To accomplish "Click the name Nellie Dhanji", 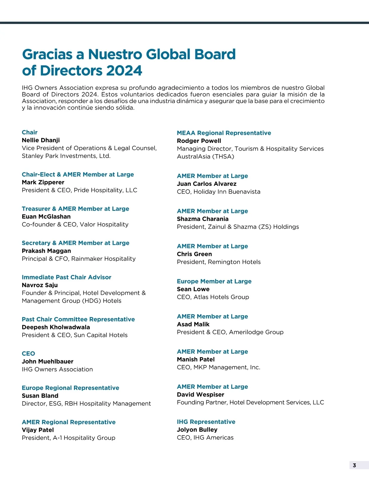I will (x=41, y=140).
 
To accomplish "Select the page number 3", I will (x=354, y=465).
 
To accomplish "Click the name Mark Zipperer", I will (x=43, y=182).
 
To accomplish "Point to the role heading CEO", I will (x=28, y=353).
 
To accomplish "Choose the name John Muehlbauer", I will (x=48, y=361).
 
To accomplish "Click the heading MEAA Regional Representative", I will (x=224, y=133).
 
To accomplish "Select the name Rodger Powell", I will (x=199, y=141).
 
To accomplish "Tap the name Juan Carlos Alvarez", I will (x=207, y=184).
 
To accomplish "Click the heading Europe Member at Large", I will (x=214, y=281).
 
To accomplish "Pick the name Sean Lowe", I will (x=193, y=289).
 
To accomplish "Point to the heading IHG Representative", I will (x=206, y=422).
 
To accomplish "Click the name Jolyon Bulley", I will (x=197, y=430).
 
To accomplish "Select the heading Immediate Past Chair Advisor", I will (x=66, y=277).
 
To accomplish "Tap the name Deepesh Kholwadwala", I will (x=56, y=327).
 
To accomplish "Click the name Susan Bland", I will (x=40, y=396).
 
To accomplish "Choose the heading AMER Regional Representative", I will (x=69, y=422).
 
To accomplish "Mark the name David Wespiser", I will (x=200, y=395).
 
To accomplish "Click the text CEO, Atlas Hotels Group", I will (x=213, y=297).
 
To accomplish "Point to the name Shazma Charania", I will (x=203, y=219).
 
